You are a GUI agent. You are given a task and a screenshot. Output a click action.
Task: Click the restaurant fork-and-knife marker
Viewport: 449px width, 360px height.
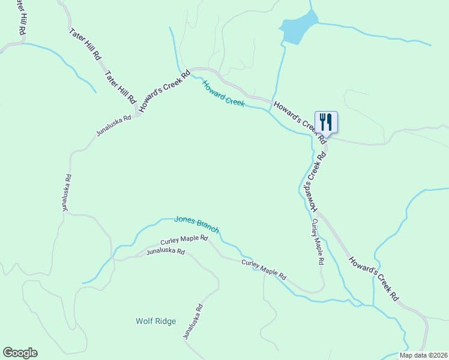pyautogui.click(x=326, y=122)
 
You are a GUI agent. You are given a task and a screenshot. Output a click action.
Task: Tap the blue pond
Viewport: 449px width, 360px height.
pyautogui.click(x=298, y=29)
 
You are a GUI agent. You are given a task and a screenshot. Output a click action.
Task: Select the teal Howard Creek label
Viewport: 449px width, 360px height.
pyautogui.click(x=223, y=94)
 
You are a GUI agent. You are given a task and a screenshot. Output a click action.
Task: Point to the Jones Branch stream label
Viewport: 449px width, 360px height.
pyautogui.click(x=196, y=224)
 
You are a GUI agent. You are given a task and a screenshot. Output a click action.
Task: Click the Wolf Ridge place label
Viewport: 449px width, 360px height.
pyautogui.click(x=155, y=321)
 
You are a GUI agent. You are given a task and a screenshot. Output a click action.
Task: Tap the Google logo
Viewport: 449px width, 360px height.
pyautogui.click(x=20, y=353)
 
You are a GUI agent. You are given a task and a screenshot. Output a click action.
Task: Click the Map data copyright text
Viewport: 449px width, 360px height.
pyautogui.click(x=423, y=355)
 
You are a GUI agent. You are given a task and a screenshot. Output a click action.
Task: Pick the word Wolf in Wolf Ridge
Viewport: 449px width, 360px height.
pyautogui.click(x=145, y=321)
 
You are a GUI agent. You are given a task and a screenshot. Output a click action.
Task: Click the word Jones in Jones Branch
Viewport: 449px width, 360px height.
pyautogui.click(x=184, y=220)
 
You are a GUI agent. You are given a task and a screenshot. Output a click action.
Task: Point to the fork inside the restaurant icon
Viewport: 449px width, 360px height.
pyautogui.click(x=322, y=121)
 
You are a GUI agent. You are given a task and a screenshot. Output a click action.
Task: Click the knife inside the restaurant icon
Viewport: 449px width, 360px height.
pyautogui.click(x=329, y=121)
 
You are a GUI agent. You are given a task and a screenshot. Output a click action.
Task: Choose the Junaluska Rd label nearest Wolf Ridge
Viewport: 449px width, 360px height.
pyautogui.click(x=192, y=323)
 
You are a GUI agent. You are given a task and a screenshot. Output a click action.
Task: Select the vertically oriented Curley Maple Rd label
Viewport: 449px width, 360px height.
pyautogui.click(x=316, y=242)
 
